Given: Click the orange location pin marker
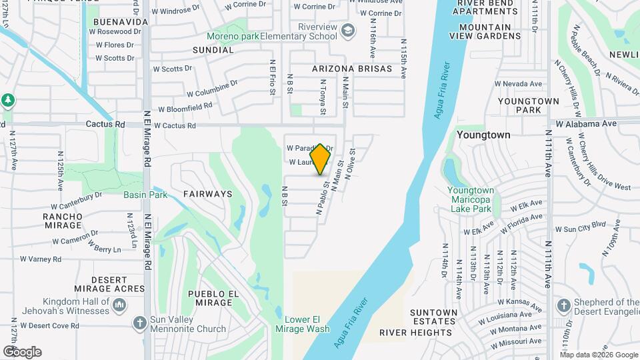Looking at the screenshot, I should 321,159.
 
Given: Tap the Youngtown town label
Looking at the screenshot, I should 483,135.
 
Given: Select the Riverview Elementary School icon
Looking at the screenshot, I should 347,31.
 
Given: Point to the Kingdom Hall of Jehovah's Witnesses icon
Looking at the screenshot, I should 120,305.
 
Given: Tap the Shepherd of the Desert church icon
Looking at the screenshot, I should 564,305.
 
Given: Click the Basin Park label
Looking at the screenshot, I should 145,195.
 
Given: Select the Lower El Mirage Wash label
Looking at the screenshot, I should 303,324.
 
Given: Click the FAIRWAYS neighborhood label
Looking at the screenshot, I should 207,194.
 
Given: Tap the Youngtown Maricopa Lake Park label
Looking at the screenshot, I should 470,199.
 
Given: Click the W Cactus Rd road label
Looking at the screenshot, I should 177,125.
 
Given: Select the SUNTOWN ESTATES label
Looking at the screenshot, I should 433,317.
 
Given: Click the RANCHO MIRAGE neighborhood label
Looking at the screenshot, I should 63,221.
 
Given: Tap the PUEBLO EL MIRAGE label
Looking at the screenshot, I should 213,299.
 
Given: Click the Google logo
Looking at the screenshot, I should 23,352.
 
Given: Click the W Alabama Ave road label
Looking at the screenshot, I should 587,123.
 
